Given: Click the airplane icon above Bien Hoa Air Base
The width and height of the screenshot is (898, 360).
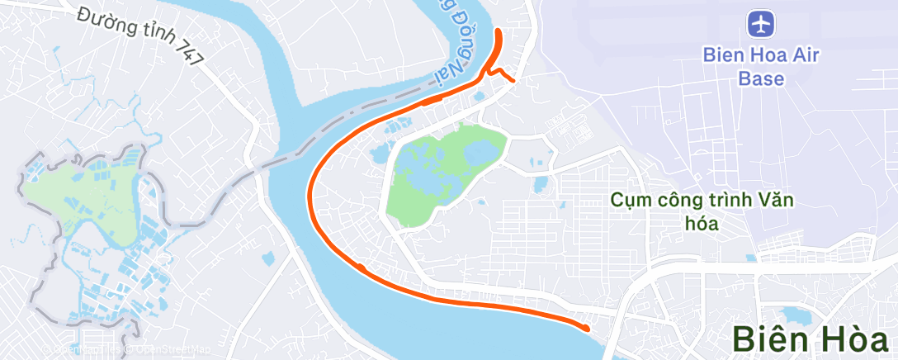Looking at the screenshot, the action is [x=760, y=23].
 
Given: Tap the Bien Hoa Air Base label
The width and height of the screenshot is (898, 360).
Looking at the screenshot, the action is [x=760, y=67].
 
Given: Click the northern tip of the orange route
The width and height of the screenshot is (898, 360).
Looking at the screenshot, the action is [x=499, y=32].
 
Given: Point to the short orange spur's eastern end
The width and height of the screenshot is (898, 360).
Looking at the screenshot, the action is [x=514, y=80].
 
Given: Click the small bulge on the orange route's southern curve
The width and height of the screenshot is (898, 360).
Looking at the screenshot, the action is [x=361, y=267].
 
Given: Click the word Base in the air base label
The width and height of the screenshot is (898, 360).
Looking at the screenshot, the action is [x=760, y=79].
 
